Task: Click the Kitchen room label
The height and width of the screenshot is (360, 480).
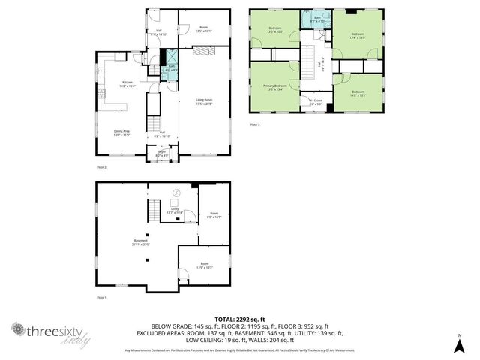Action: [127, 83]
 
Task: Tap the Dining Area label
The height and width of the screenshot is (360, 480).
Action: [121, 133]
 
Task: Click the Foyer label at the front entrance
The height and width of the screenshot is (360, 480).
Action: [160, 155]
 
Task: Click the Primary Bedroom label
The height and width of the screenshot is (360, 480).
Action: [275, 88]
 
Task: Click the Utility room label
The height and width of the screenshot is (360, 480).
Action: [174, 211]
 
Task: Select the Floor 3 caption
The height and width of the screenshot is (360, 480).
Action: [254, 124]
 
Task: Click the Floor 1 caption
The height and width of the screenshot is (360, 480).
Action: [102, 298]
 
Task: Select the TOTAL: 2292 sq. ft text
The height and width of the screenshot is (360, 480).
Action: [239, 319]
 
